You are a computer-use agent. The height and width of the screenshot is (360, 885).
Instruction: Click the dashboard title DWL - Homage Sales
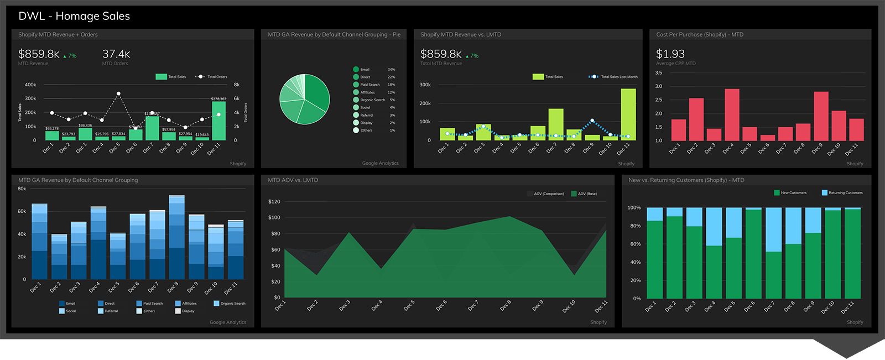coord(74,16)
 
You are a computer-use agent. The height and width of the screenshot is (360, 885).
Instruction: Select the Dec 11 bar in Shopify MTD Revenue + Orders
coord(218,121)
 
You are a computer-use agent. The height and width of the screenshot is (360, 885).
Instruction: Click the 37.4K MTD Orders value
coord(116,54)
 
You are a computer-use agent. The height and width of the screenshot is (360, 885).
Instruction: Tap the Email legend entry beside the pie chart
coord(365,70)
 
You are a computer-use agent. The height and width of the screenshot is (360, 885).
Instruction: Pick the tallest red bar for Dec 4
coord(732,114)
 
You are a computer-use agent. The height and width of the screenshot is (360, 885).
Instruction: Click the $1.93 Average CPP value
coord(670,54)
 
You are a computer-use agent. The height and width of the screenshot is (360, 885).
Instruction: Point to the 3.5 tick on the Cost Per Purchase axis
coord(659,73)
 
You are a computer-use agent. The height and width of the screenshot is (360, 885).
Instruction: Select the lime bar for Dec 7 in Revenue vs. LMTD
coord(555,124)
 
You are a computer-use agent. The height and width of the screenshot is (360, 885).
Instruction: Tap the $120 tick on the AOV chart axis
coord(274,202)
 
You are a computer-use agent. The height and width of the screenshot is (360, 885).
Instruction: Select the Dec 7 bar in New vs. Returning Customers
coord(773,253)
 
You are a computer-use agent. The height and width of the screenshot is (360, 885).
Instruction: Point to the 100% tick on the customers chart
coord(634,208)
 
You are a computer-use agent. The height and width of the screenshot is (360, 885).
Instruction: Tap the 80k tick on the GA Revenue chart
coord(22,189)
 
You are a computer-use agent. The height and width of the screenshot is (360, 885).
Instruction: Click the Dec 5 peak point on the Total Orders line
coord(118,94)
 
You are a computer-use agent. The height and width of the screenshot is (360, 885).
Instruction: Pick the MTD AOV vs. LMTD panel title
coord(293,180)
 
